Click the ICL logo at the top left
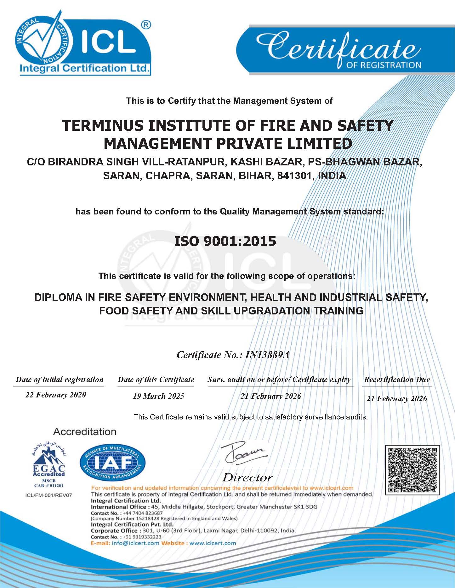click(83, 44)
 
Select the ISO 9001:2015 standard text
click(225, 241)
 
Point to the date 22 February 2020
click(56, 395)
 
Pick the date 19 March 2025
click(158, 396)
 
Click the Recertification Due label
click(397, 380)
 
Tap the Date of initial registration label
click(60, 380)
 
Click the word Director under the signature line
click(247, 478)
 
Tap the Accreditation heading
click(85, 431)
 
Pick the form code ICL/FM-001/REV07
click(48, 495)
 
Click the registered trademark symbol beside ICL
click(146, 25)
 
